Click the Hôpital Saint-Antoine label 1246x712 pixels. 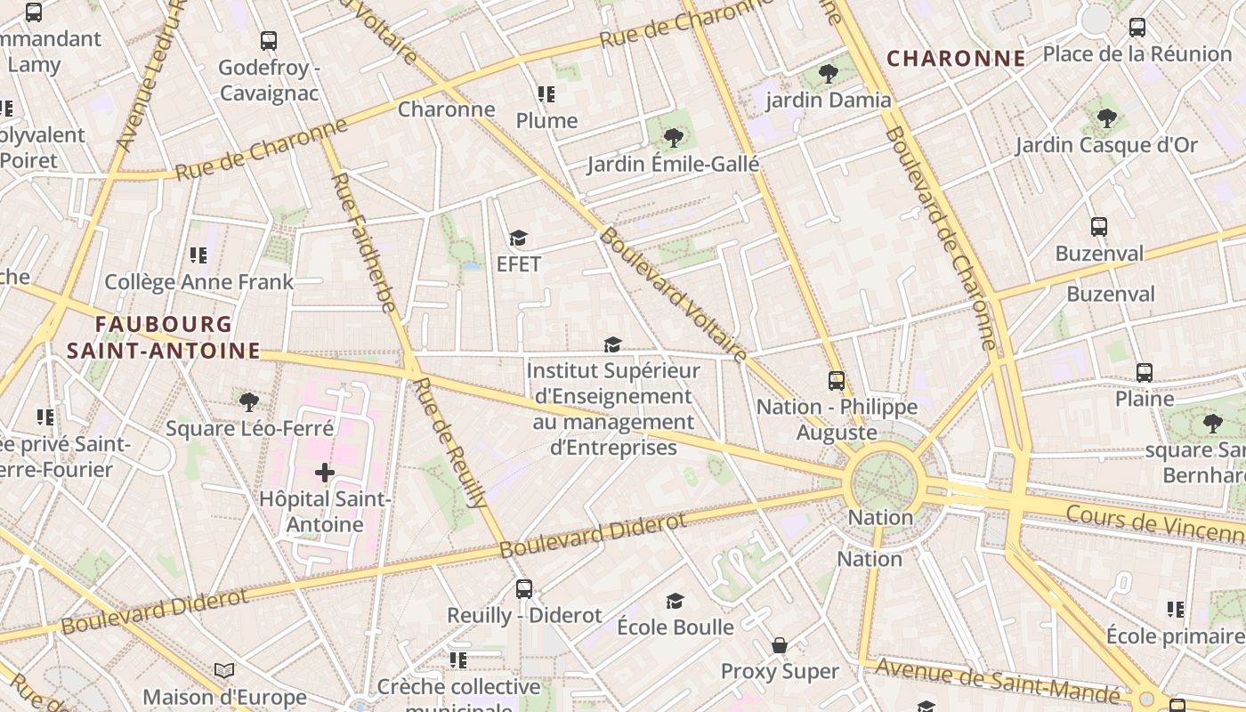(x=325, y=512)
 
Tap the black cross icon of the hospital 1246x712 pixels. (x=325, y=472)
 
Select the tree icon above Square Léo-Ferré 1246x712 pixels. (x=249, y=401)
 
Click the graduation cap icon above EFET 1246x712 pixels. (x=518, y=239)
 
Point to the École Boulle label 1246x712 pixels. (x=676, y=627)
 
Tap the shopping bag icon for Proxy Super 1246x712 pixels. (x=780, y=644)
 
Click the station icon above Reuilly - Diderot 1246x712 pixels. (x=524, y=588)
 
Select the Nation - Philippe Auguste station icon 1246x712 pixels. (x=836, y=381)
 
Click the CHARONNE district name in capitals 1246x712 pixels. (x=956, y=59)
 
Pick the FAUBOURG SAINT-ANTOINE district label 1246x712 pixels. (x=163, y=337)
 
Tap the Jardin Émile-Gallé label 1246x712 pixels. (x=673, y=164)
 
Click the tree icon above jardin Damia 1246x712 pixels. (x=829, y=73)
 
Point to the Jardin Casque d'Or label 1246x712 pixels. (x=1106, y=144)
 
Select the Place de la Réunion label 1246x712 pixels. (x=1137, y=53)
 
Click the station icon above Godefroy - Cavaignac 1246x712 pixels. (x=269, y=41)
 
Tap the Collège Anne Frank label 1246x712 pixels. (x=198, y=282)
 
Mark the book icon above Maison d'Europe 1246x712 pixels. (x=224, y=670)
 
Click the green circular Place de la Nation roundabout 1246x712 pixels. (x=883, y=483)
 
